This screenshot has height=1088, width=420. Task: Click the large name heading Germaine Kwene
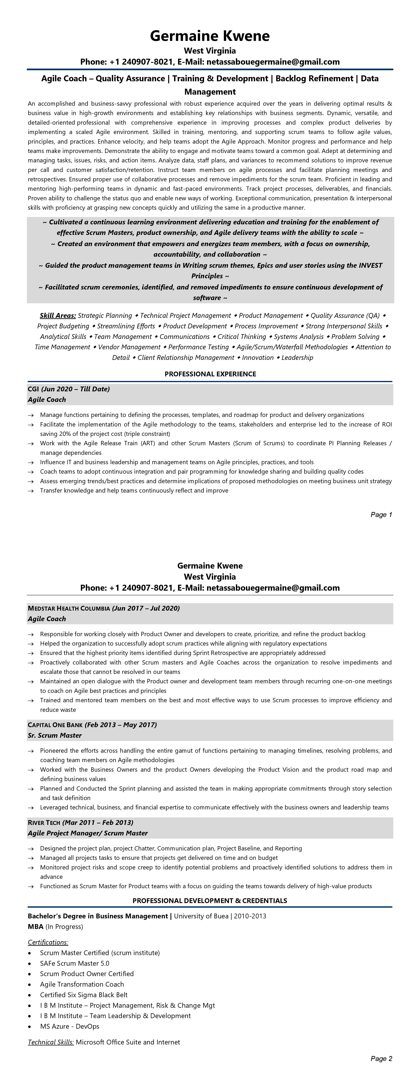tap(210, 36)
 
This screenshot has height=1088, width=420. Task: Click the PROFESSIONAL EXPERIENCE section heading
tap(210, 374)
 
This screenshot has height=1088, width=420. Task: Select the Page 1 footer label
tap(381, 514)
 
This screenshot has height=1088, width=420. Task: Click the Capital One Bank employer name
tap(55, 725)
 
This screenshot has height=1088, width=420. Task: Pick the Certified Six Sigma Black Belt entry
tap(84, 995)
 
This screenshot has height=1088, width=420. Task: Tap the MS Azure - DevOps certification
tap(70, 1026)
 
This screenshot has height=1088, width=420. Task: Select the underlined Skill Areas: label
tap(58, 316)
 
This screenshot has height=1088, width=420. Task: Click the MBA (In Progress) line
tap(55, 927)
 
